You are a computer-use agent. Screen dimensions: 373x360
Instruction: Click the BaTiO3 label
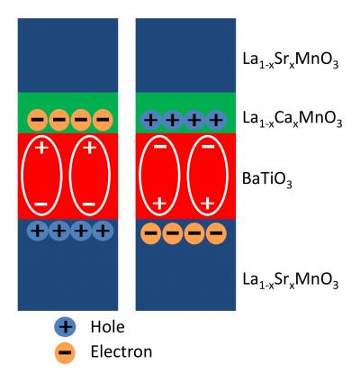pos(277,178)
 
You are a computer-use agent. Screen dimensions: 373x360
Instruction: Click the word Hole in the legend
pos(107,326)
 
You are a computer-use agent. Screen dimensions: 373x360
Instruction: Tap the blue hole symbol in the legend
pos(64,326)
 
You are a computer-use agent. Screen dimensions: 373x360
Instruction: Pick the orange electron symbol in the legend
pos(64,352)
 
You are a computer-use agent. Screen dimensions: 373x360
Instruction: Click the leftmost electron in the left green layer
pos(38,119)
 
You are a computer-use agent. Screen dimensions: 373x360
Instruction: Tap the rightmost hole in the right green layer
pos(216,119)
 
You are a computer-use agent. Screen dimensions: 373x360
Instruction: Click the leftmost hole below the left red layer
pos(38,231)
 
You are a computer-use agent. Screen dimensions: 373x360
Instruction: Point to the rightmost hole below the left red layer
pos(103,231)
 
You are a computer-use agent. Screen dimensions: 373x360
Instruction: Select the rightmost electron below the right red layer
pos(216,233)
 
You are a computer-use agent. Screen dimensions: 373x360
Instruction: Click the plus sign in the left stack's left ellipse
pos(40,149)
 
